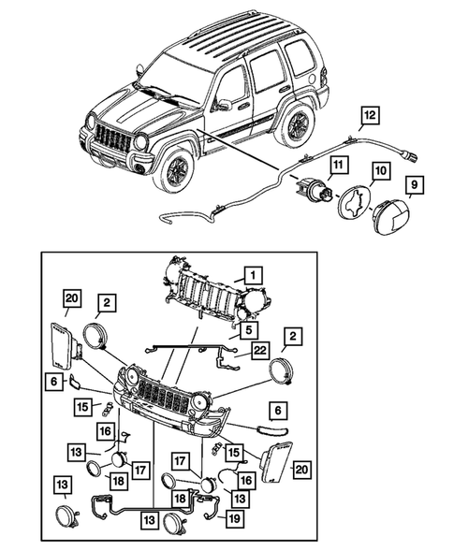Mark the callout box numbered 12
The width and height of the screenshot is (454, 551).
pyautogui.click(x=372, y=116)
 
